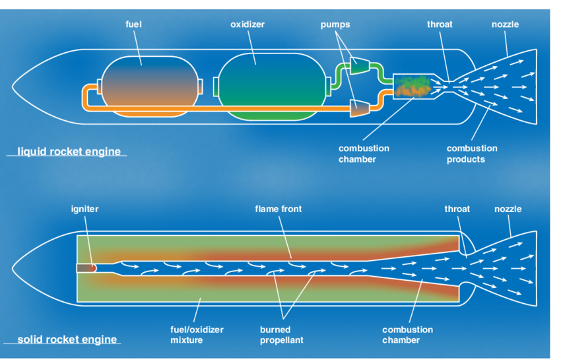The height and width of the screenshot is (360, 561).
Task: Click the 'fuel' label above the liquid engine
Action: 133,24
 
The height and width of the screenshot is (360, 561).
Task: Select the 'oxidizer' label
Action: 247,24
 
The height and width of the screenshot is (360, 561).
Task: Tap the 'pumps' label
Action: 335,24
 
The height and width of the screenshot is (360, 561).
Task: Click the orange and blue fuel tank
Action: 149,86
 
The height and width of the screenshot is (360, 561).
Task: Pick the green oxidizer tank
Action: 271,87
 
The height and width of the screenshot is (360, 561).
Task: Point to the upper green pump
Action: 360,64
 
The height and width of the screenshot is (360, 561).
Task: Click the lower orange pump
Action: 360,106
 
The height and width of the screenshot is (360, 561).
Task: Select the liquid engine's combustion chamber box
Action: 412,85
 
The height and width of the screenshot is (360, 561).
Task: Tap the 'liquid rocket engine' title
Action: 69,151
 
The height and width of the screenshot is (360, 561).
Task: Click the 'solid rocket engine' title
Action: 67,340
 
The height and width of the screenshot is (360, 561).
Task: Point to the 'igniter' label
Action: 84,209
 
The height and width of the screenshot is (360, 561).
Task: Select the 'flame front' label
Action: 279,209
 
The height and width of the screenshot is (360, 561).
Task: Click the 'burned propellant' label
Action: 280,335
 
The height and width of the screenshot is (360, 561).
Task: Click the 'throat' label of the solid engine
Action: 457,209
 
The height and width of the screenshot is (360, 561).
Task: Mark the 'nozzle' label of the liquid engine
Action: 505,24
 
